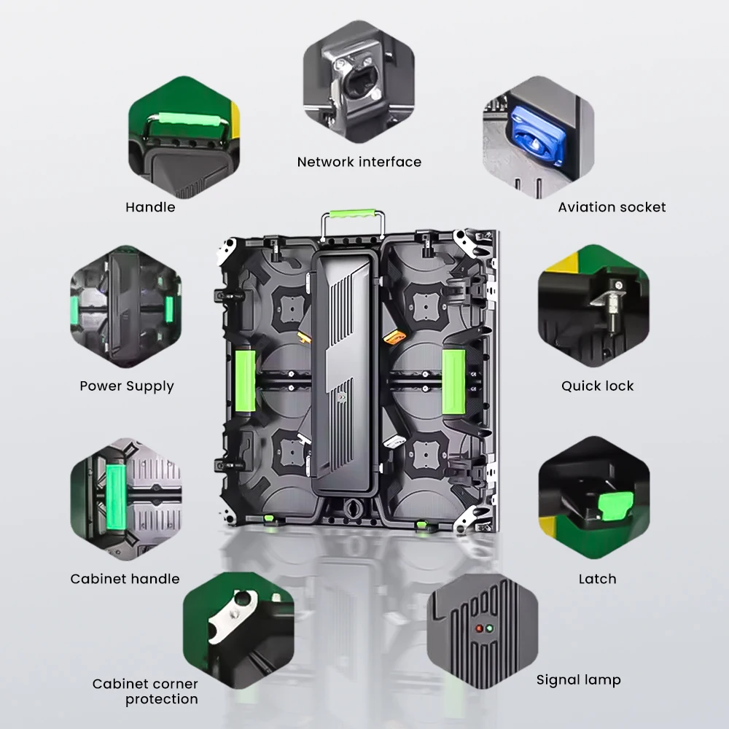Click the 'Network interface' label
click(x=359, y=162)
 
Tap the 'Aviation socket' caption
click(x=612, y=207)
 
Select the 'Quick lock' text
click(x=598, y=386)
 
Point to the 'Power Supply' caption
click(x=126, y=386)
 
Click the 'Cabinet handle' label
click(x=125, y=579)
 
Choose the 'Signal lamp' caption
click(x=578, y=680)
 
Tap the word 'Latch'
click(x=598, y=579)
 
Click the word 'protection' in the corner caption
click(x=162, y=699)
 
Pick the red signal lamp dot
click(x=480, y=629)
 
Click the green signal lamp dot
click(x=489, y=629)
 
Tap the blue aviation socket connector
click(x=537, y=136)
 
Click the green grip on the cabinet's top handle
click(x=352, y=214)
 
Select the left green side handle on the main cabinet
click(x=246, y=381)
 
